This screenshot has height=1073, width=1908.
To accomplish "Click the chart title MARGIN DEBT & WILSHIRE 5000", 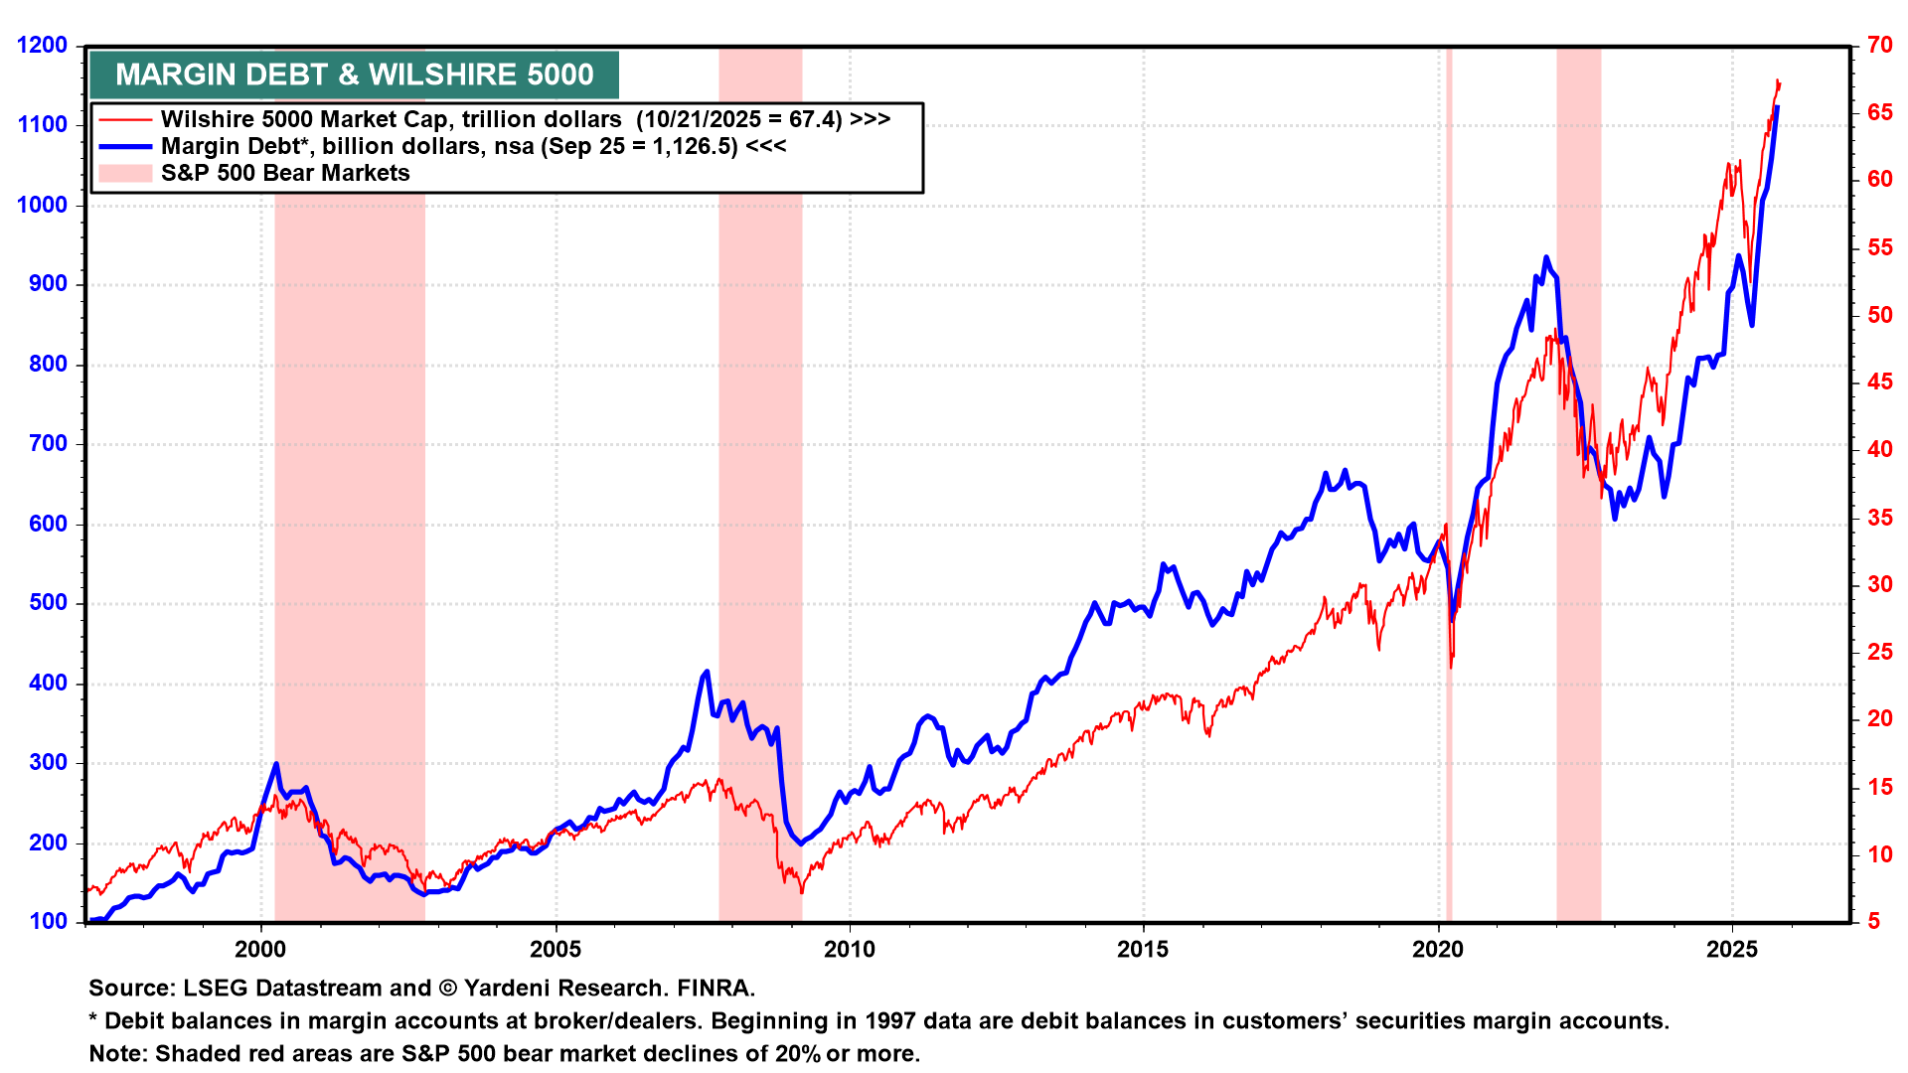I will pos(354,76).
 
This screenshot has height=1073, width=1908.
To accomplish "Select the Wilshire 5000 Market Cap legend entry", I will pos(525,119).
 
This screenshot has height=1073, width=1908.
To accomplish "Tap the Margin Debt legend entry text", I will pos(473,146).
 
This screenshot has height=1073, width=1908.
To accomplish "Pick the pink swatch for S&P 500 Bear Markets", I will pos(125,173).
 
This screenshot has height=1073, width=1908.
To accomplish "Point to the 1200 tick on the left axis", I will pos(42,46).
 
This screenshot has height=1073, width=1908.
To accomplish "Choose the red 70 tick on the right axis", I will pos(1879,45).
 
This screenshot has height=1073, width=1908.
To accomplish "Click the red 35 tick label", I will pos(1879,518).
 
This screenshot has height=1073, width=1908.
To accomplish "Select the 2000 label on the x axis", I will pos(260,950).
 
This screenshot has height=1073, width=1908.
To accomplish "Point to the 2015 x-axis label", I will pos(1143,950).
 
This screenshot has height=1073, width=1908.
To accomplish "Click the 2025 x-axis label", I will pos(1732,950).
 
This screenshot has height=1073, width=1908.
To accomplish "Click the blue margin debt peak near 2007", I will pos(707,673).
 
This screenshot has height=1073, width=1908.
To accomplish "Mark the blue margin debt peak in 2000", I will pos(276,764).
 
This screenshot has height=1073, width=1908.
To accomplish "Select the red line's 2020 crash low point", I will pos(1451,666).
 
